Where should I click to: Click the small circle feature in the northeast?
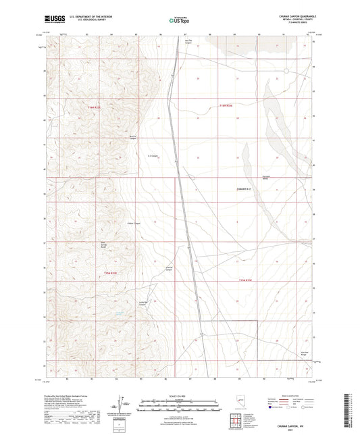pyautogui.click(x=286, y=70)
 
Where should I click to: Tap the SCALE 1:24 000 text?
pyautogui.click(x=178, y=395)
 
